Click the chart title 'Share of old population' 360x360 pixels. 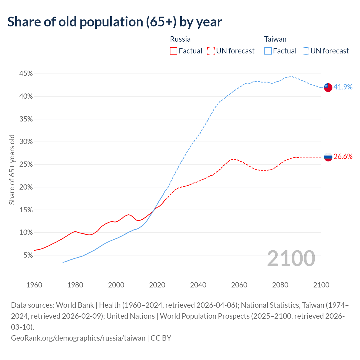(x=114, y=22)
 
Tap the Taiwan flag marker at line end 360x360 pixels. (x=328, y=87)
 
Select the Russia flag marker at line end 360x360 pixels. (x=328, y=157)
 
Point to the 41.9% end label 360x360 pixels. (x=343, y=87)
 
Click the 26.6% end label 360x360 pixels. (x=343, y=157)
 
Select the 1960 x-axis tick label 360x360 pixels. (x=34, y=285)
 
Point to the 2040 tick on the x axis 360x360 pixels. (x=198, y=285)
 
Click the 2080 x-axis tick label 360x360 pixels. (x=280, y=285)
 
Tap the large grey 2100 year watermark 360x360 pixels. (x=291, y=258)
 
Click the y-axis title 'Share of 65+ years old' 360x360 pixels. (x=12, y=170)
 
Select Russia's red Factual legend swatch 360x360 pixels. (x=174, y=51)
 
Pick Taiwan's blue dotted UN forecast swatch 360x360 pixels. (x=305, y=51)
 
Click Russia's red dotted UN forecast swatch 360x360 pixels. (x=211, y=51)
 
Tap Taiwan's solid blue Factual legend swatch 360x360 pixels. (x=268, y=51)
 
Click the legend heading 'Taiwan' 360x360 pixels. (x=275, y=39)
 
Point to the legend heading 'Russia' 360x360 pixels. (x=180, y=39)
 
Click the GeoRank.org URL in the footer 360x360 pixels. (x=78, y=338)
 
